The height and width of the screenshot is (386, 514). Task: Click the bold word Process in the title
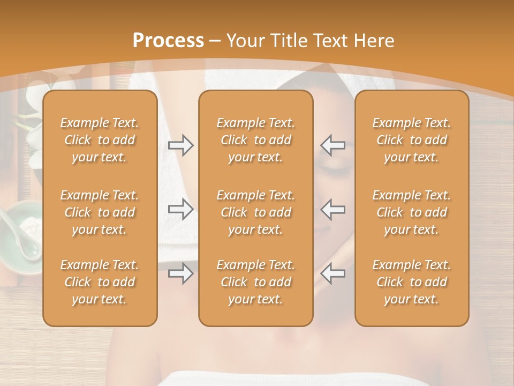pos(168,41)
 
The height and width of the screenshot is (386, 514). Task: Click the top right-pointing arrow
pos(181,145)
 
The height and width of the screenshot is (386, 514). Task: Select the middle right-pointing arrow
pos(181,209)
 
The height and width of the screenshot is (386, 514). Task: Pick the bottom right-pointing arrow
pos(181,273)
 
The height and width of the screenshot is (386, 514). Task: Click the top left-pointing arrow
pos(333,145)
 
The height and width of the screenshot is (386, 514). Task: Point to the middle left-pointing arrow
pos(333,209)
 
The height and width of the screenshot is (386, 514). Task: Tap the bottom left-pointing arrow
pos(333,273)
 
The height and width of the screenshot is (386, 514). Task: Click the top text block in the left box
pos(100,140)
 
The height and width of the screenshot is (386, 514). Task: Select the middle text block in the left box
pos(100,212)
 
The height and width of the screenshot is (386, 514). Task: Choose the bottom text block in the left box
pos(100,282)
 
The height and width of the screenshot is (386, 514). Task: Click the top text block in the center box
pos(256,140)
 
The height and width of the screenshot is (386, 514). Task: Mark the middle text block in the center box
pos(256,212)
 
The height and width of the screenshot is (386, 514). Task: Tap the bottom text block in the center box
pos(256,282)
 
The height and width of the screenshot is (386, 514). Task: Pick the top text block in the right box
pos(412,140)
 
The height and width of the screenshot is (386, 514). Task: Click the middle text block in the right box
pos(412,212)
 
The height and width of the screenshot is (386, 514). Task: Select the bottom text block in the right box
pos(412,282)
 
